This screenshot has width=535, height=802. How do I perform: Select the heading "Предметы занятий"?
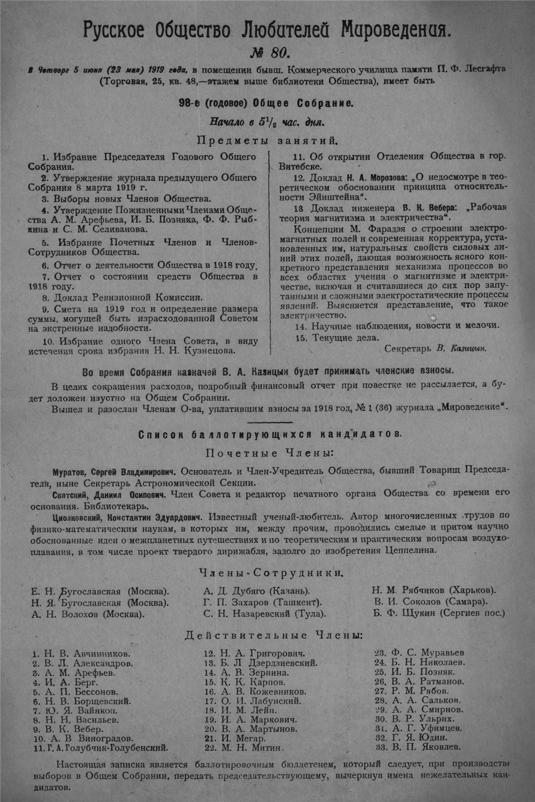click(x=267, y=141)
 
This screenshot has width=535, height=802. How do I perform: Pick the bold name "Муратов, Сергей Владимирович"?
click(x=114, y=472)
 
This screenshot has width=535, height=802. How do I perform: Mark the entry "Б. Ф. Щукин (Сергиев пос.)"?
click(x=439, y=613)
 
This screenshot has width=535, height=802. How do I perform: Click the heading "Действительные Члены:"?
click(x=274, y=636)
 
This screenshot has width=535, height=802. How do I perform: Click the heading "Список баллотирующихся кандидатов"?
click(x=270, y=435)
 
